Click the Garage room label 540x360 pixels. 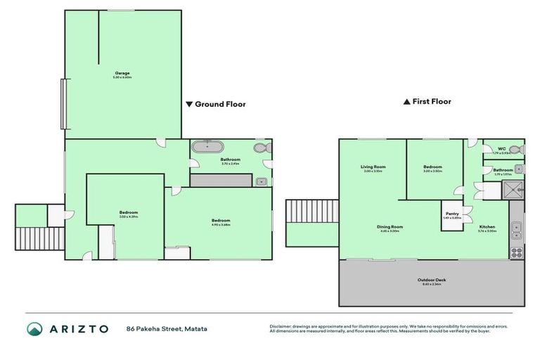click(x=122, y=74)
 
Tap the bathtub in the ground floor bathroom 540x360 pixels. click(x=209, y=148)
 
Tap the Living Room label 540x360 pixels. click(x=374, y=167)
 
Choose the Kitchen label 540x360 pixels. click(x=487, y=227)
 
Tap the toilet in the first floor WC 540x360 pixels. click(x=516, y=149)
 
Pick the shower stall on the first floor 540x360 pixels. click(x=514, y=189)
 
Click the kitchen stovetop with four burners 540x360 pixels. click(x=517, y=252)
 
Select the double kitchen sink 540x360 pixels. click(x=517, y=227)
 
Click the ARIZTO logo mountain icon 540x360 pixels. click(x=35, y=328)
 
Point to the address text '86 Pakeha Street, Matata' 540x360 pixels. click(x=167, y=328)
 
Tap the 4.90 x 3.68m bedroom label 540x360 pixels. click(x=221, y=221)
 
